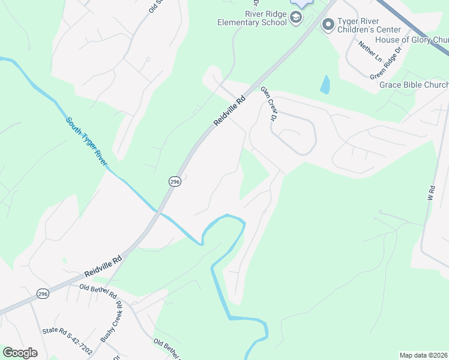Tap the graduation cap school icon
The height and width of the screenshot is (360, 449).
pos(296,19)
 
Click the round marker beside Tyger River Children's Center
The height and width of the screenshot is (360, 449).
pos(328,25)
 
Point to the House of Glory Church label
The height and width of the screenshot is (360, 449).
pos(412,40)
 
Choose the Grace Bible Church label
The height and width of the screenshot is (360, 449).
pos(414,85)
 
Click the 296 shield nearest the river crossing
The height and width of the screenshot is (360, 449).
pos(174,181)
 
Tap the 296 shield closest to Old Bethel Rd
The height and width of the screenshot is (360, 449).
pos(42,293)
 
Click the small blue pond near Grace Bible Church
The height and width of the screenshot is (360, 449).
pos(325,85)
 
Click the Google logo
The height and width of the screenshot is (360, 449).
pos(20,353)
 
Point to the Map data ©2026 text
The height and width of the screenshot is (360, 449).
pos(423,355)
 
